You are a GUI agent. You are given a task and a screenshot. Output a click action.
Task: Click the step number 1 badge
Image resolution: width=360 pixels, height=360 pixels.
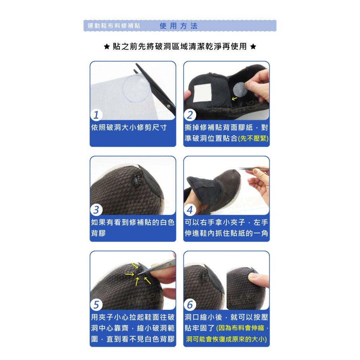point(96,115)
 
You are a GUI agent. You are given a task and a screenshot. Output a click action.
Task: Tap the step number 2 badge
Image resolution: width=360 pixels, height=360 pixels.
point(190,115)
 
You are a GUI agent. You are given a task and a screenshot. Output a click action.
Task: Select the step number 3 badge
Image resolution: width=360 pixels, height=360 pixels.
point(96,210)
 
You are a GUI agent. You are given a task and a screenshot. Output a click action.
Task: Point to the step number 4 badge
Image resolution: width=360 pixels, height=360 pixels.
point(190,210)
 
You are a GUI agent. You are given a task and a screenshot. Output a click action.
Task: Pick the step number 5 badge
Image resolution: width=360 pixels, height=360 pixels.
point(96,305)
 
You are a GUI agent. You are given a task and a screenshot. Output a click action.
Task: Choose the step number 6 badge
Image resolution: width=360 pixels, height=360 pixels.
point(190,305)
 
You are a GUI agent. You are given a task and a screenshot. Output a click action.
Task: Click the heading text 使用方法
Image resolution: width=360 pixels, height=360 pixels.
point(179,26)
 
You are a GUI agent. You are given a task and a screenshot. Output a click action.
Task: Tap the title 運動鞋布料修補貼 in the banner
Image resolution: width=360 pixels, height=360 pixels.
point(114,26)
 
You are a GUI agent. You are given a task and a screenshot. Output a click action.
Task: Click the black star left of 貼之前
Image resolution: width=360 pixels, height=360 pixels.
point(107,46)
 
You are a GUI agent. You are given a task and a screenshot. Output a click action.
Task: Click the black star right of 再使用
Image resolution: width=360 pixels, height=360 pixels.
point(253,46)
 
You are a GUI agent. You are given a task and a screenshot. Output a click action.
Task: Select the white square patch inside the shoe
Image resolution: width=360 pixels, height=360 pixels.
point(202,93)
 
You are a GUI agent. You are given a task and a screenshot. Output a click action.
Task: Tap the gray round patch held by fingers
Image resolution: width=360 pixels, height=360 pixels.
point(240,89)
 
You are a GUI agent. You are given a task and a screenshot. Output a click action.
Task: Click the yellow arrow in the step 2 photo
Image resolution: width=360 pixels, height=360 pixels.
point(234,99)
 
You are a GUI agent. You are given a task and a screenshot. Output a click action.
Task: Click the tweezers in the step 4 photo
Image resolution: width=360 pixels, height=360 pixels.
point(254,170)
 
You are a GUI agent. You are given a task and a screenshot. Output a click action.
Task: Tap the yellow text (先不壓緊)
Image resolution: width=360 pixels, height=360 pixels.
point(253,139)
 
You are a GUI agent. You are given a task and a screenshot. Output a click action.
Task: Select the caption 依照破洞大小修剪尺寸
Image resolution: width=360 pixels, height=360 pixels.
point(129,127)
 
